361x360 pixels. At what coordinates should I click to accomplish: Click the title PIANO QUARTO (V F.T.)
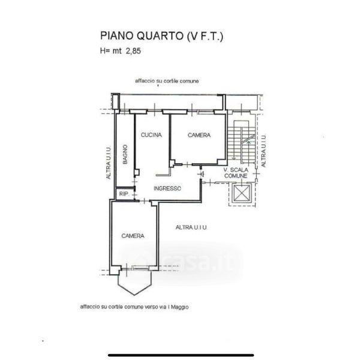(162, 36)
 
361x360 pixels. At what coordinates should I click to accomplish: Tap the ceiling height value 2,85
(133, 51)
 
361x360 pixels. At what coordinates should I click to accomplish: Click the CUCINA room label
(151, 135)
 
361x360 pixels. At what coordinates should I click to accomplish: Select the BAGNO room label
(125, 154)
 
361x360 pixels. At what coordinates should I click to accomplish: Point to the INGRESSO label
(167, 188)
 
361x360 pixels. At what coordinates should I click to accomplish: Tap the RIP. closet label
(124, 194)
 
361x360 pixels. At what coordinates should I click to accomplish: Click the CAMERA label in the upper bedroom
(199, 135)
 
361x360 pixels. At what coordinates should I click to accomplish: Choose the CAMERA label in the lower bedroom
(133, 236)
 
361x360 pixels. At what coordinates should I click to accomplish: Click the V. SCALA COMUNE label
(236, 173)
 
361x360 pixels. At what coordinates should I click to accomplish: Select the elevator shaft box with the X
(241, 193)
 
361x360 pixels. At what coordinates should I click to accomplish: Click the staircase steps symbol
(242, 141)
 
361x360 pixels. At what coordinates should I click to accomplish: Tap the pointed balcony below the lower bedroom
(134, 282)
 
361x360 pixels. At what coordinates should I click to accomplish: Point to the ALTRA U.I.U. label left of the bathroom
(109, 163)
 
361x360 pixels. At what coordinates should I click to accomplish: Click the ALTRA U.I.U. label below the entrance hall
(191, 227)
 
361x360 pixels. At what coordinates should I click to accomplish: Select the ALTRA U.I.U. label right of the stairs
(264, 151)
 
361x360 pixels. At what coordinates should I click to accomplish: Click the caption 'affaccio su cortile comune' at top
(167, 81)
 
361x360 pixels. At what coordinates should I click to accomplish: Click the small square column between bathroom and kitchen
(137, 172)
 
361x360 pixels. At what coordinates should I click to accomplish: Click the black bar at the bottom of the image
(181, 355)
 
